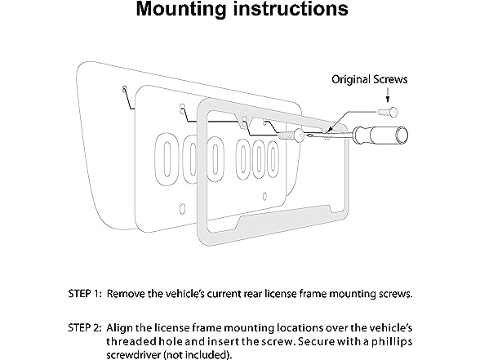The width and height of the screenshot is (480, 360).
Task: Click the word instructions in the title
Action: [x=291, y=8]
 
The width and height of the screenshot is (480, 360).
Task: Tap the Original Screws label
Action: [x=370, y=80]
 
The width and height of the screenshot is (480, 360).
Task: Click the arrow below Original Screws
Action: [x=388, y=95]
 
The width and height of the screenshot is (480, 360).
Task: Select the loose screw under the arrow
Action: [x=389, y=112]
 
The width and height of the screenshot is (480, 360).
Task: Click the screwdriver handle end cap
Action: [x=402, y=135]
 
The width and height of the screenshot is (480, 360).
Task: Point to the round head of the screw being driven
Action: [x=299, y=135]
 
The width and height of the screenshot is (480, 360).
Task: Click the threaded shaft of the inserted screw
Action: [x=286, y=135]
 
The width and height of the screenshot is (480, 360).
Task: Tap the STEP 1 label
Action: [x=85, y=294]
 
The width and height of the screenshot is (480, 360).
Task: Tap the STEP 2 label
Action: [x=85, y=328]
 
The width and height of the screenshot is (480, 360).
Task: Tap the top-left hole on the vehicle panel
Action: [x=125, y=89]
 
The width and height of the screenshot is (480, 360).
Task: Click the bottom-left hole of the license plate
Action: [x=183, y=209]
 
